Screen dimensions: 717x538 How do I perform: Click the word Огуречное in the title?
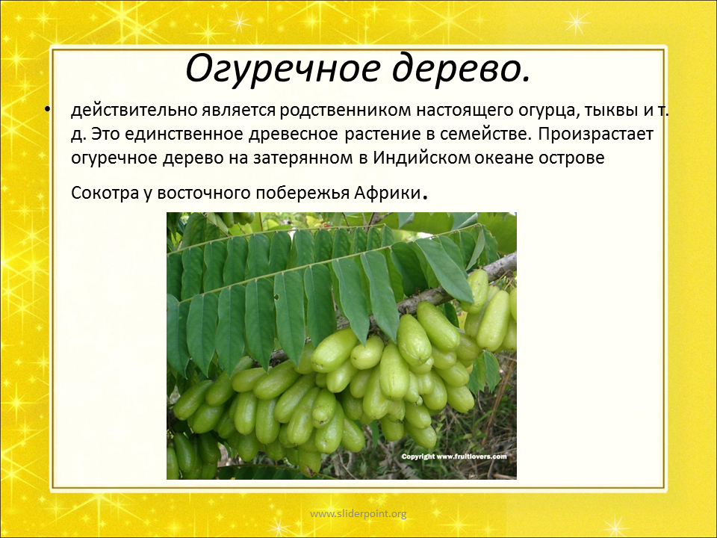282,69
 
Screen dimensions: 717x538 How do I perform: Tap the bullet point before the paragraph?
48,109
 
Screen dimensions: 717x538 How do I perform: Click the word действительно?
134,111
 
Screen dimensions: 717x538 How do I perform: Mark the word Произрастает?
596,134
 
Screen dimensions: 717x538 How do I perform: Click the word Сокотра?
105,193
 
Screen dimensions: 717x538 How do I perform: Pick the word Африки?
387,193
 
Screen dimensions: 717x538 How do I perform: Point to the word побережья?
302,193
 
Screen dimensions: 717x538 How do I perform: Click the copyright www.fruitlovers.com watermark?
454,456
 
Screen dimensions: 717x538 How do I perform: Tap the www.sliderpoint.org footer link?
358,514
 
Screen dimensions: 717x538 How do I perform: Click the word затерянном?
303,158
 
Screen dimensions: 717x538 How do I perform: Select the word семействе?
487,134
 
